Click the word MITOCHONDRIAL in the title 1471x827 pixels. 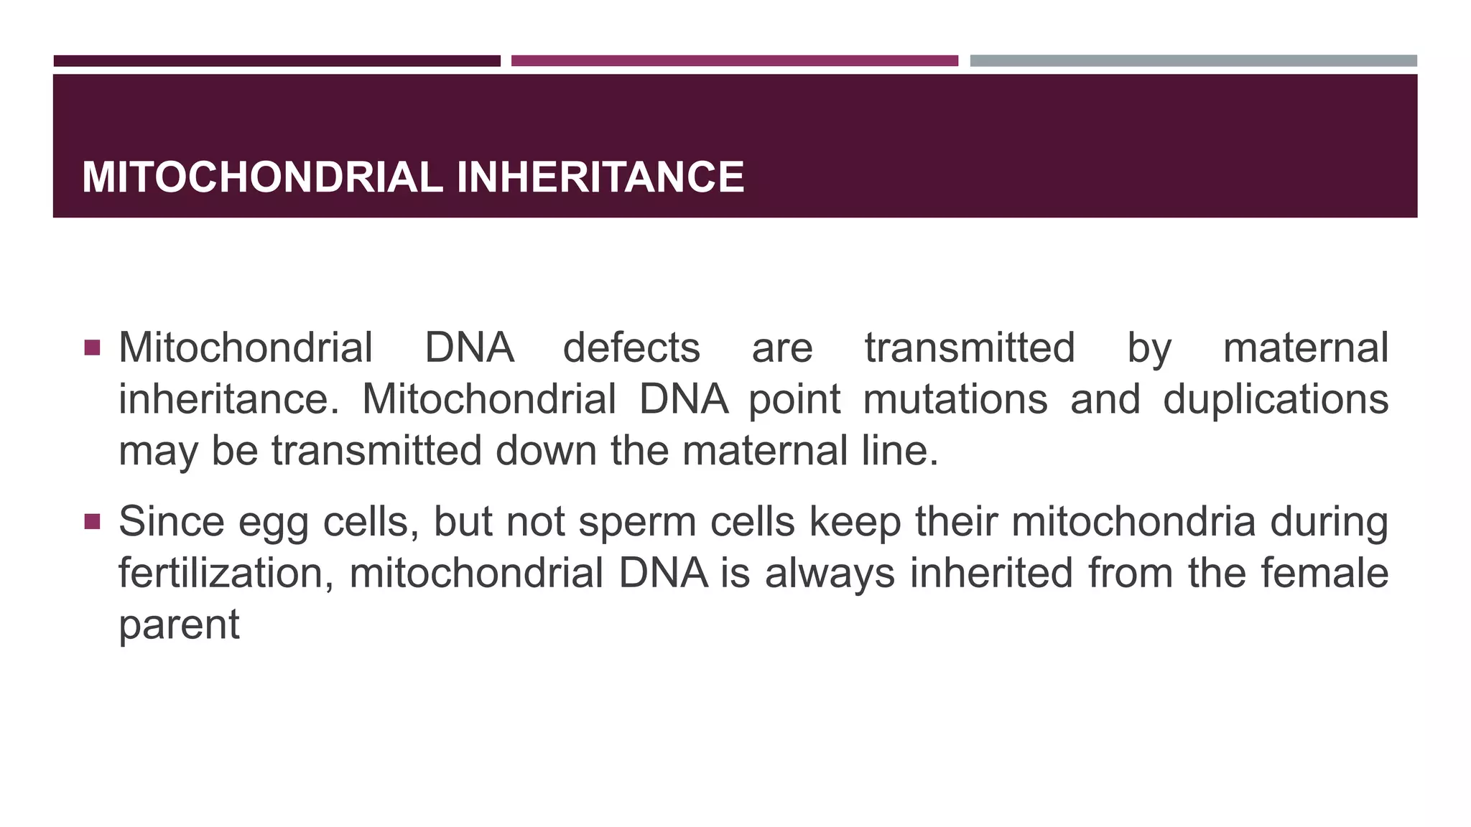click(x=262, y=177)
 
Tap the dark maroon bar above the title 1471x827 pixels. click(x=277, y=61)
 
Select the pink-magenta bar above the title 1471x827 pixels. click(x=734, y=61)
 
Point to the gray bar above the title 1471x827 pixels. click(x=1193, y=61)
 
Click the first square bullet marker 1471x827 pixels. click(x=92, y=348)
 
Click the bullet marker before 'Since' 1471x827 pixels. click(x=92, y=522)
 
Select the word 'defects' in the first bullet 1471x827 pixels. click(x=631, y=348)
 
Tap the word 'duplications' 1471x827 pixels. click(x=1276, y=400)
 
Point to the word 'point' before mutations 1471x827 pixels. click(x=794, y=400)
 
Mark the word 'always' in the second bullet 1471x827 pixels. click(x=830, y=574)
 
